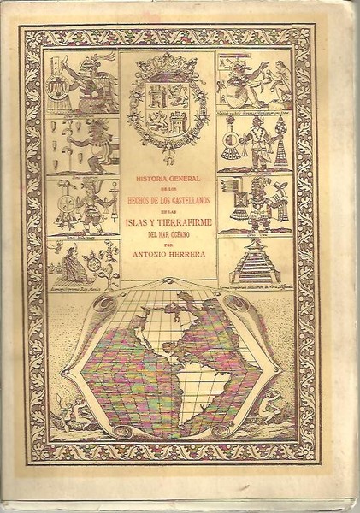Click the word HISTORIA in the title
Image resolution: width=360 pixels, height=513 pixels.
tap(150, 179)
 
